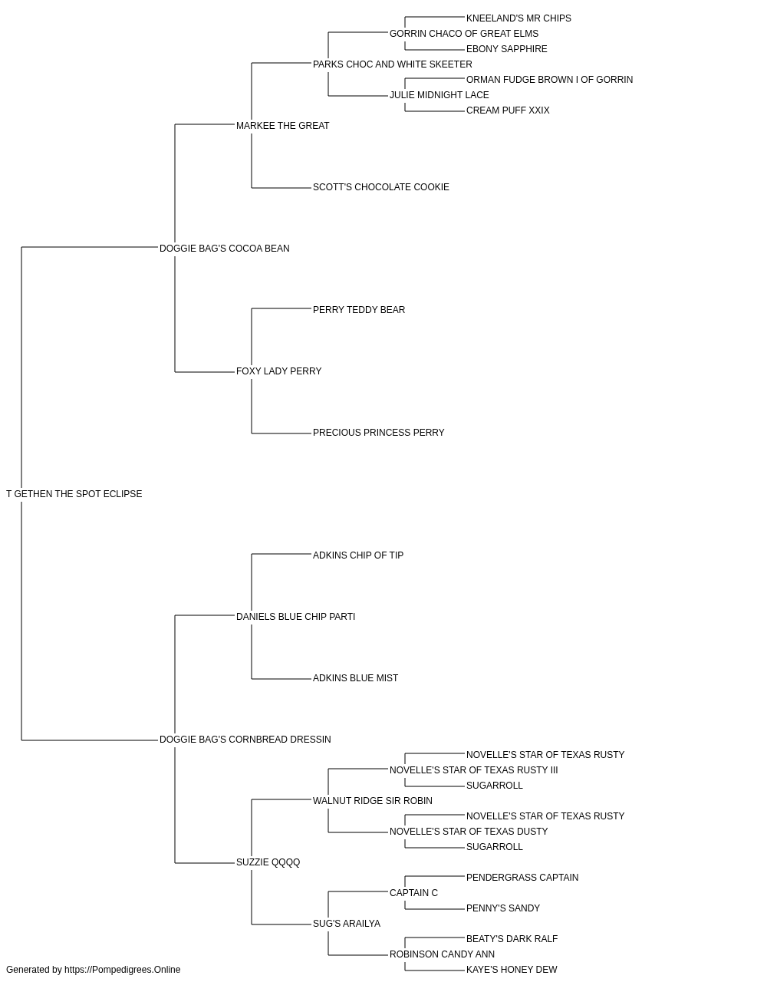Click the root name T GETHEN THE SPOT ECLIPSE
point(74,494)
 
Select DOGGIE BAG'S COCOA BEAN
point(225,248)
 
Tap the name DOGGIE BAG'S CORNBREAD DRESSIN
point(245,740)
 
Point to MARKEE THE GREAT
point(283,126)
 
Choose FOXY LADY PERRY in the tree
point(278,371)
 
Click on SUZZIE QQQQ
point(268,862)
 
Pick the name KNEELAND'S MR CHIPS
point(518,18)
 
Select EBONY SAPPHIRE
point(506,49)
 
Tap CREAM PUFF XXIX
point(508,110)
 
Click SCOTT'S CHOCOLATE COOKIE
point(381,187)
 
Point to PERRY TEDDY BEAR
point(359,309)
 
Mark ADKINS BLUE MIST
point(355,678)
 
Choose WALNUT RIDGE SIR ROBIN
point(373,801)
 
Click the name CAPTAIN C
point(413,893)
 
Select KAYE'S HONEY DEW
point(512,970)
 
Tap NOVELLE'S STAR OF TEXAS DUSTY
point(469,832)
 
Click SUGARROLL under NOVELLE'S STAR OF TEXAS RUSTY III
point(494,786)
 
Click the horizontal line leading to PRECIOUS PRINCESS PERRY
point(281,433)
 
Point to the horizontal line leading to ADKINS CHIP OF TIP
point(281,554)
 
